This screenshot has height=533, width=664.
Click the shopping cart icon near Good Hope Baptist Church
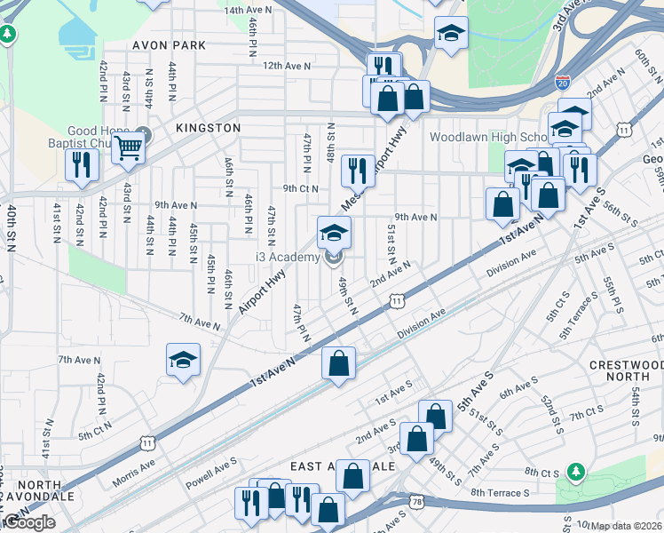(129, 149)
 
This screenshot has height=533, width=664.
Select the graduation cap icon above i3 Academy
(335, 233)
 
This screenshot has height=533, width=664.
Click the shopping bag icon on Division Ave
(338, 362)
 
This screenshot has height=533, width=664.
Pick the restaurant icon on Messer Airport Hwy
(358, 168)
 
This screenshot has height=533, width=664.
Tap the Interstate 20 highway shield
(564, 82)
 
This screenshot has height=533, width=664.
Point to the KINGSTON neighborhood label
(208, 128)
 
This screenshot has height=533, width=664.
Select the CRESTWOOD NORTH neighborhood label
(625, 372)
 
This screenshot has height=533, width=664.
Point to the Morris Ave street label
(133, 473)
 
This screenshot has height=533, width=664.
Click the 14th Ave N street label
(248, 10)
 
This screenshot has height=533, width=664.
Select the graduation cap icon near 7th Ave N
(184, 360)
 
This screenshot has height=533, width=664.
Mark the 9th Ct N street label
(301, 188)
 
